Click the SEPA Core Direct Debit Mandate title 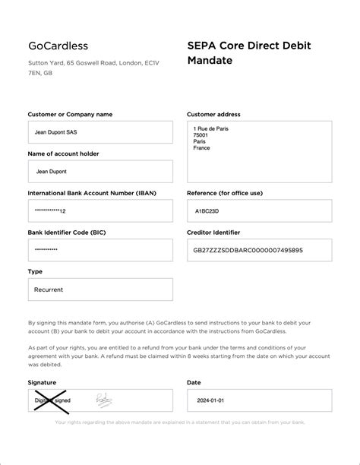tap(248, 52)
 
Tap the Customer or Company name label tap(70, 115)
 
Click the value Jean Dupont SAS tap(55, 132)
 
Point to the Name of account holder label tap(63, 154)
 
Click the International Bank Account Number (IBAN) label tap(92, 194)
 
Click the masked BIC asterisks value tap(46, 250)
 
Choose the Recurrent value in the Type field tap(49, 289)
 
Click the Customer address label tap(213, 115)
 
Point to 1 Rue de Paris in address tap(211, 128)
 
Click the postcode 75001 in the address tap(201, 135)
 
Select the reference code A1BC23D tap(207, 210)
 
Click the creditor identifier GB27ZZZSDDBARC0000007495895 tap(249, 250)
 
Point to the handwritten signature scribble tap(103, 398)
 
